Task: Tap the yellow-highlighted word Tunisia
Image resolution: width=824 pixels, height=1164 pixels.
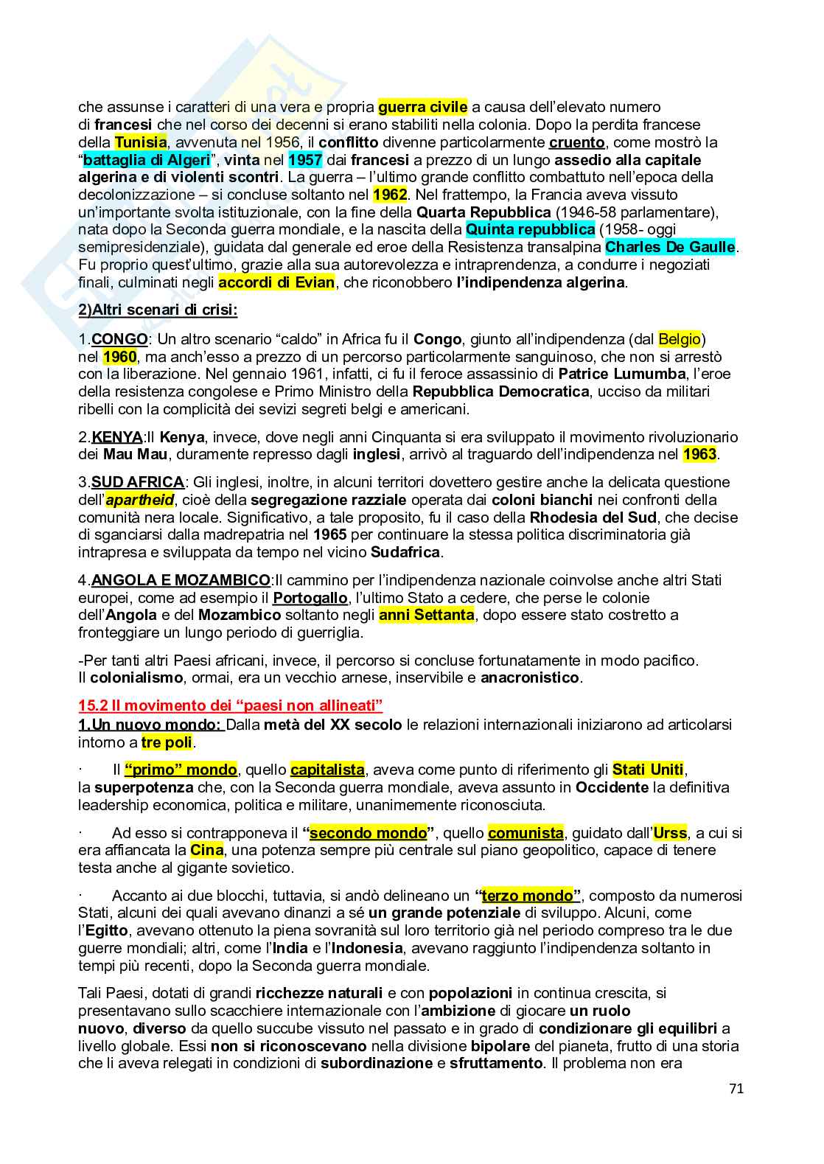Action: click(141, 142)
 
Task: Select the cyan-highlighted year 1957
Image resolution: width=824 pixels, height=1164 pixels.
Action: click(304, 160)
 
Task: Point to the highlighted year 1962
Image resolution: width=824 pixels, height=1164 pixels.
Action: click(390, 195)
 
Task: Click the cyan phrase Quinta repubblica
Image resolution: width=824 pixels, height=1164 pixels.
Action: click(530, 229)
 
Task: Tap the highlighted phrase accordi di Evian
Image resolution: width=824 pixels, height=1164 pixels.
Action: click(276, 282)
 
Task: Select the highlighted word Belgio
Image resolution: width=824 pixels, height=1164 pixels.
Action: click(679, 339)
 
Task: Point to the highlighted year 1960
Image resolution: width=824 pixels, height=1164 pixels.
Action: click(119, 357)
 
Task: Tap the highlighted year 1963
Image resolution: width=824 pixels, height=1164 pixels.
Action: click(699, 454)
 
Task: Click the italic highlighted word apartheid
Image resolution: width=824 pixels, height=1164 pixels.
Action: click(139, 500)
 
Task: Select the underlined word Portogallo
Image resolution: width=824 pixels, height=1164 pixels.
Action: click(310, 597)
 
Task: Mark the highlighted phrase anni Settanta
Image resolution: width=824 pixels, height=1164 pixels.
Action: click(426, 615)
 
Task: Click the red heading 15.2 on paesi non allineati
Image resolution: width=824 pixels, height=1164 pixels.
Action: click(230, 706)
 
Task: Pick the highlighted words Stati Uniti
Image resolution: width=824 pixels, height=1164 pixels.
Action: click(648, 770)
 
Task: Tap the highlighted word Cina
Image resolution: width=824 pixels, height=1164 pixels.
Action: click(206, 850)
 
